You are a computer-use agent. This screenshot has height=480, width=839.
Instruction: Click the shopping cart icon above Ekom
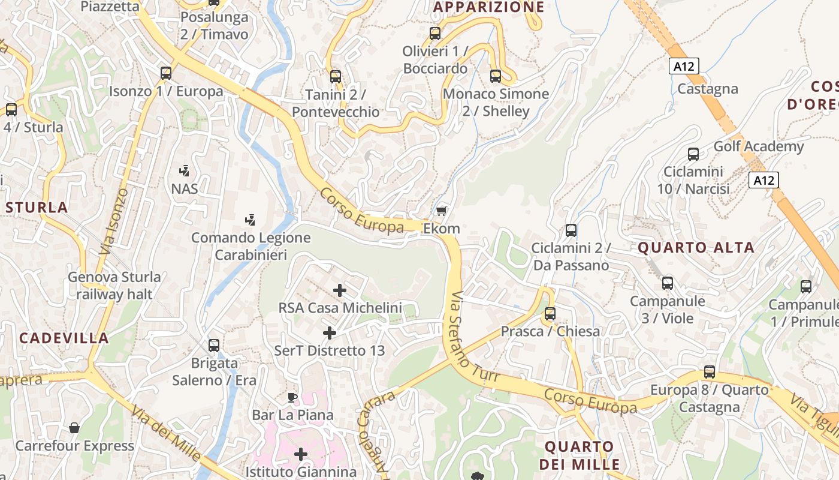point(442,211)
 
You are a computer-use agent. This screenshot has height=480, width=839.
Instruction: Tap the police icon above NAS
point(185,170)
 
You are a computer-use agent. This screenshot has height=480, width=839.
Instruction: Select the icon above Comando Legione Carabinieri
point(251,220)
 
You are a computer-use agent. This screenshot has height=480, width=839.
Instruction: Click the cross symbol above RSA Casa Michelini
point(340,290)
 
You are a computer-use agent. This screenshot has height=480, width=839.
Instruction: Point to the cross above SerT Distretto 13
point(329,332)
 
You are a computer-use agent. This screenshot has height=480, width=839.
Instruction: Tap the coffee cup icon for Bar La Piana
point(292,397)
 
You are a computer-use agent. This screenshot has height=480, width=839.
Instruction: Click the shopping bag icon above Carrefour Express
point(74,428)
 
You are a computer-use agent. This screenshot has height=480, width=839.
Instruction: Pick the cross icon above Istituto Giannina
point(300,454)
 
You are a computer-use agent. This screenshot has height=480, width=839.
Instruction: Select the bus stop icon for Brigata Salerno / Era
point(214,346)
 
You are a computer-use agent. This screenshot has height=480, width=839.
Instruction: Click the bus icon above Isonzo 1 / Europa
point(166,73)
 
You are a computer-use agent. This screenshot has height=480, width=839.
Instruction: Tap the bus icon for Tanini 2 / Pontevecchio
point(336,77)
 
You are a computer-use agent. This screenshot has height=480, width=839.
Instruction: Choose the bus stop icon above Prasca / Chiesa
point(550,313)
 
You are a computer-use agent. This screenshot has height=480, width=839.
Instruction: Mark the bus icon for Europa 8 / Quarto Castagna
point(710,372)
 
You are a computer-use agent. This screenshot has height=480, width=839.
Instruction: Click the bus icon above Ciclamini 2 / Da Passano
point(571,230)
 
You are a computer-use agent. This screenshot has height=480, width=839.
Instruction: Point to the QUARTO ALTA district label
point(696,247)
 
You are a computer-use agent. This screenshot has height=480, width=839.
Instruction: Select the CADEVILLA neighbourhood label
point(64,338)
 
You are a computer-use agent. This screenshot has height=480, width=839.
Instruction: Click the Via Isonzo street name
point(114,221)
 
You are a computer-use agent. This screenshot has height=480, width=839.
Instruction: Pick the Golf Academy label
point(758,146)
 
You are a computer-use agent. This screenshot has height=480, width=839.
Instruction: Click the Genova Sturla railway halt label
point(114,286)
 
